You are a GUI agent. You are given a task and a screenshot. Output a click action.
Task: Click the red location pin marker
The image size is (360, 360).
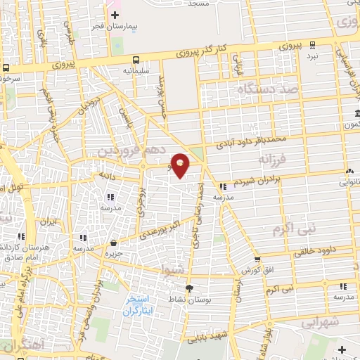[x=181, y=165]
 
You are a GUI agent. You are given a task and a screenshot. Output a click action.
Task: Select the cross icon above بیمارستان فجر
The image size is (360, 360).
[x=114, y=15]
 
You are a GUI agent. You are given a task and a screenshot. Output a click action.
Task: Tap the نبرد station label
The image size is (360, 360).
[x=311, y=55]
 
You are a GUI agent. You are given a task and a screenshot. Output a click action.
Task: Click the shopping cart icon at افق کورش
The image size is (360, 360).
[x=257, y=259]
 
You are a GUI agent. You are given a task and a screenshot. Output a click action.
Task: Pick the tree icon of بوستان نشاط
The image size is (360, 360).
[x=188, y=288]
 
